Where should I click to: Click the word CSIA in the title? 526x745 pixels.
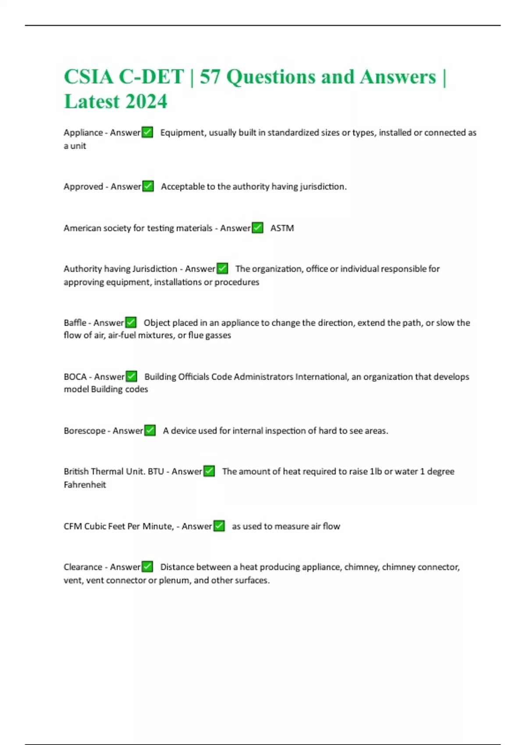pyautogui.click(x=89, y=77)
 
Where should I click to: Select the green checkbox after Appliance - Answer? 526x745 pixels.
pyautogui.click(x=147, y=132)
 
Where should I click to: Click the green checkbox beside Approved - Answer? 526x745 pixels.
pyautogui.click(x=148, y=186)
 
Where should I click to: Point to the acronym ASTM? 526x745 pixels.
pyautogui.click(x=282, y=228)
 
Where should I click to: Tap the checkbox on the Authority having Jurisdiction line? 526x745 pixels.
pyautogui.click(x=222, y=269)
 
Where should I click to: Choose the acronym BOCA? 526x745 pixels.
pyautogui.click(x=75, y=376)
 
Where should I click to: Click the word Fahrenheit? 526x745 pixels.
pyautogui.click(x=85, y=485)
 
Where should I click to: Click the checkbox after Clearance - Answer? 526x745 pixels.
pyautogui.click(x=147, y=567)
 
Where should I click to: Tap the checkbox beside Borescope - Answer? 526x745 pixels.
pyautogui.click(x=150, y=431)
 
